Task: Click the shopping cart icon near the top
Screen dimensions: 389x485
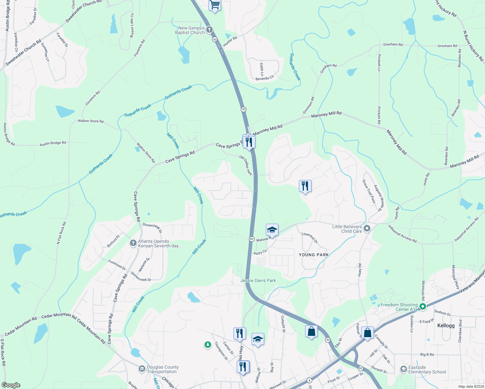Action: (215, 6)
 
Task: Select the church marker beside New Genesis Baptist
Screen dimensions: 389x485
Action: (209, 30)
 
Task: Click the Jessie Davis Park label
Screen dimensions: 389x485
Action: (258, 280)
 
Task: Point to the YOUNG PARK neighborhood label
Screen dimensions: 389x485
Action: (313, 255)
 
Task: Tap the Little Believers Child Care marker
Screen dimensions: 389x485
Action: (367, 229)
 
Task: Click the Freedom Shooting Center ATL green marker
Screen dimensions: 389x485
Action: (422, 306)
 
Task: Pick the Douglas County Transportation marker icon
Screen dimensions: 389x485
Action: (142, 369)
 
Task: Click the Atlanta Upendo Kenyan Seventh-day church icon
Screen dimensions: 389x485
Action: (133, 243)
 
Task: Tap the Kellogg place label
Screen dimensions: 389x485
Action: (446, 325)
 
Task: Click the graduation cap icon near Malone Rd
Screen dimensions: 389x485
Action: (272, 230)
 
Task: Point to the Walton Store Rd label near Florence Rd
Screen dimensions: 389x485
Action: (91, 121)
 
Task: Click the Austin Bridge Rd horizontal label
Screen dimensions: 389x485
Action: (53, 143)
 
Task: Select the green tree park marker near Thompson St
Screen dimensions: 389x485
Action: (208, 345)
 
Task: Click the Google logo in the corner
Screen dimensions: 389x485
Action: (11, 385)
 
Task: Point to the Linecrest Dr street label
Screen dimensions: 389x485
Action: (310, 238)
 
